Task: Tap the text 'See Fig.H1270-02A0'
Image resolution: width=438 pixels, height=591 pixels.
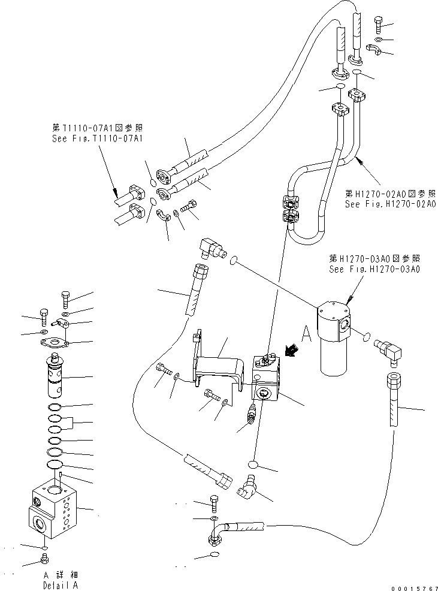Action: point(390,204)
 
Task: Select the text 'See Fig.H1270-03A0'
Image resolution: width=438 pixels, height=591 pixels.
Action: point(374,269)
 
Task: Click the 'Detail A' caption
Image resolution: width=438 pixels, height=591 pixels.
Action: point(61,585)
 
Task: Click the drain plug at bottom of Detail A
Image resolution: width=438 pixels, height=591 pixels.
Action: point(44,560)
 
